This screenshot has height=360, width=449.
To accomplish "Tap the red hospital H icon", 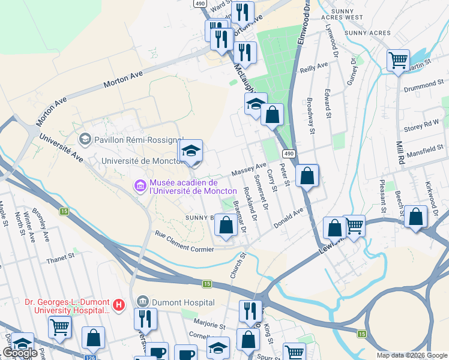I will tap(119, 305).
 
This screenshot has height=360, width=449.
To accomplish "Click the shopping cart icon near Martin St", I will tap(398, 61).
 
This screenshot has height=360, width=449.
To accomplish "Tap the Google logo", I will tap(21, 353).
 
